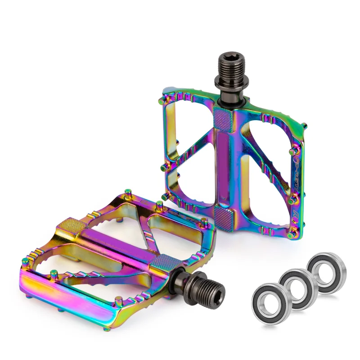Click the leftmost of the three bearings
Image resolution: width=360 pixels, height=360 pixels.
click(x=269, y=304)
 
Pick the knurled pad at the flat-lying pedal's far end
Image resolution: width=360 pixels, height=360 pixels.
click(x=69, y=225)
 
